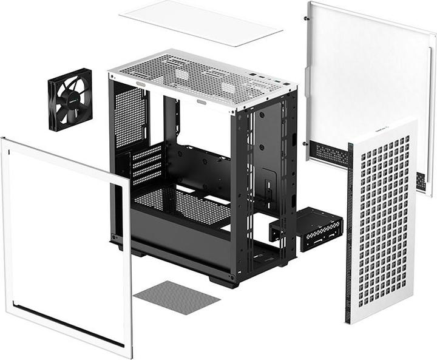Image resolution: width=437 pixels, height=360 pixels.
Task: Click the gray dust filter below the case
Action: point(177,297)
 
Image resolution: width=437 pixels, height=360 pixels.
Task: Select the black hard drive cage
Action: point(307,229)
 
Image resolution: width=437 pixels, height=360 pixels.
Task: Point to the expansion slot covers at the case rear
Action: point(146,165)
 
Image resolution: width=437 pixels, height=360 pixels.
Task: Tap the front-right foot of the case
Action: point(222,281)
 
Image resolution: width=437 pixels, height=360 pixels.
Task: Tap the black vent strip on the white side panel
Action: point(331,155)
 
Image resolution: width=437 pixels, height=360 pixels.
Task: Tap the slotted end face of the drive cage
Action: point(277,229)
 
